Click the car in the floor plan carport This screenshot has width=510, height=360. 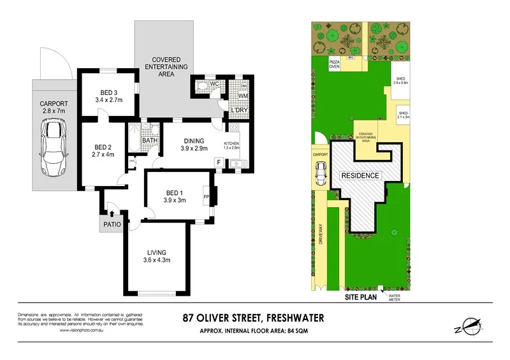point(53,148)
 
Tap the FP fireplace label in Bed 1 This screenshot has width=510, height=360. point(206,196)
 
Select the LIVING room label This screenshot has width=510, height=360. point(156,250)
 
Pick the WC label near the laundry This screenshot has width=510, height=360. point(215,83)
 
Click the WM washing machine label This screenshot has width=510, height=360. point(242,96)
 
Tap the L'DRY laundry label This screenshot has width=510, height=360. point(238,110)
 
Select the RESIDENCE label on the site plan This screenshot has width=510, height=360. point(360,175)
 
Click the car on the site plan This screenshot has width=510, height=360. point(321,173)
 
